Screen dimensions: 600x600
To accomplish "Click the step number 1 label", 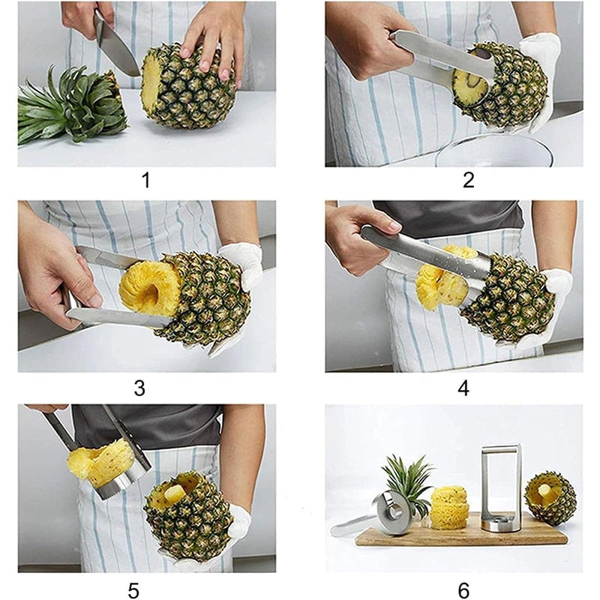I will pos(145,180).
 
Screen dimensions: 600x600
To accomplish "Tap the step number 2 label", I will pos(468,180).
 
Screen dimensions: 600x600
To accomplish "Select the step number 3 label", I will pos(139,388).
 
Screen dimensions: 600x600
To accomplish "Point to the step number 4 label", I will pos(463,388).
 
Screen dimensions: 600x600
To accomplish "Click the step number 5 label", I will pos(133,590).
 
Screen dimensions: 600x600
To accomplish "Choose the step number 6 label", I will pos(463,590).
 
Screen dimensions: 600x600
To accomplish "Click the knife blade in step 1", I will pos(116,49).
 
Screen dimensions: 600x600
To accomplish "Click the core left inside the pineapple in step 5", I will pos(174,493).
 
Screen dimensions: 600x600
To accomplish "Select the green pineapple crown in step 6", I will pos(409,480).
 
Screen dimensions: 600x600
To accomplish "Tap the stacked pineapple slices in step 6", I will pos(449,506).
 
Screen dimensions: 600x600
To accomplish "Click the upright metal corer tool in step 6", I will pos(501,487).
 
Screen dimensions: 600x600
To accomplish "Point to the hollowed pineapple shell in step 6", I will pos(550,499).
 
